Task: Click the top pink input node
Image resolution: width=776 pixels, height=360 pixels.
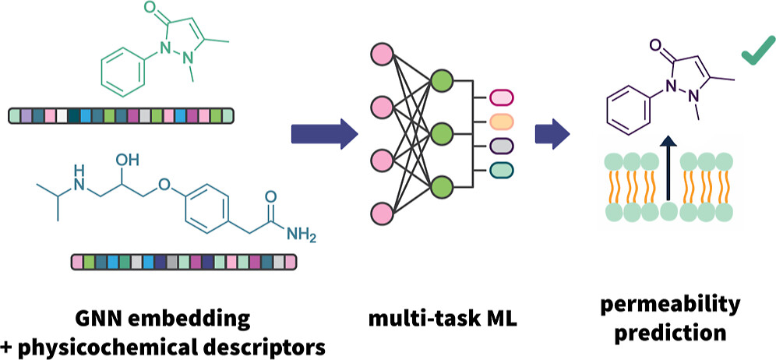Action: point(383,55)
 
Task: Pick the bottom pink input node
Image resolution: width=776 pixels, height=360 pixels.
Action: point(383,212)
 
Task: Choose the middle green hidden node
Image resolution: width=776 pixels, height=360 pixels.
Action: point(442,132)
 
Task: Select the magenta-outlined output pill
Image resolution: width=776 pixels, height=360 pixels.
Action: point(500,97)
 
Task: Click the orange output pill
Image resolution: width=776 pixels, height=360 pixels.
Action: point(500,121)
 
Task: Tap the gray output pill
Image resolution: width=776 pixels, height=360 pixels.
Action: point(500,145)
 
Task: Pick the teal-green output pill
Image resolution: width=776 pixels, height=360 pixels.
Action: point(500,169)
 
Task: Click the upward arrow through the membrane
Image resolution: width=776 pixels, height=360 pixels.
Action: point(667,175)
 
